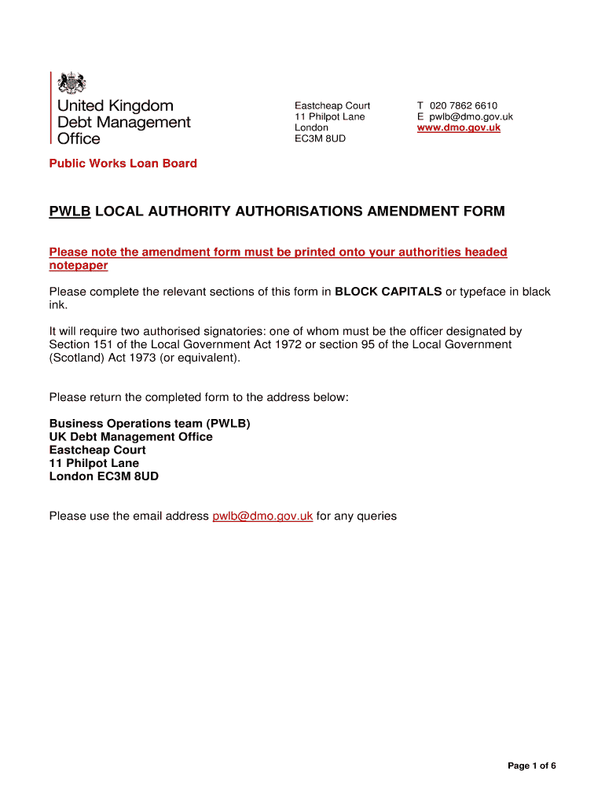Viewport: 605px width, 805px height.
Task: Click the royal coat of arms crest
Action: click(72, 83)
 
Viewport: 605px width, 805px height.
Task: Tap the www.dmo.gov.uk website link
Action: click(458, 127)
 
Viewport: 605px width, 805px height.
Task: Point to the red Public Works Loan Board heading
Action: click(123, 164)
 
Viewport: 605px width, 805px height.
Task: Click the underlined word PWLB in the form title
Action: click(70, 211)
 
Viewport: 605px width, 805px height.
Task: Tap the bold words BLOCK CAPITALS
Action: click(388, 292)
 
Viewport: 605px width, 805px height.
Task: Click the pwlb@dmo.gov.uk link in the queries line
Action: click(262, 516)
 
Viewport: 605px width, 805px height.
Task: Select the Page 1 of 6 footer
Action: click(531, 766)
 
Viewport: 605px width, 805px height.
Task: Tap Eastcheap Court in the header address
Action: click(332, 105)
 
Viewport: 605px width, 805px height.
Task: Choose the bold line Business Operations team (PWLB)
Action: click(149, 424)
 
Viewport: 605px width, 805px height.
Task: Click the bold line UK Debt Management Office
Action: click(130, 436)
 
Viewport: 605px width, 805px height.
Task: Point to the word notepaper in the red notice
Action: click(79, 266)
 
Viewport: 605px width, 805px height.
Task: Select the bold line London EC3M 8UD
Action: click(104, 476)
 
